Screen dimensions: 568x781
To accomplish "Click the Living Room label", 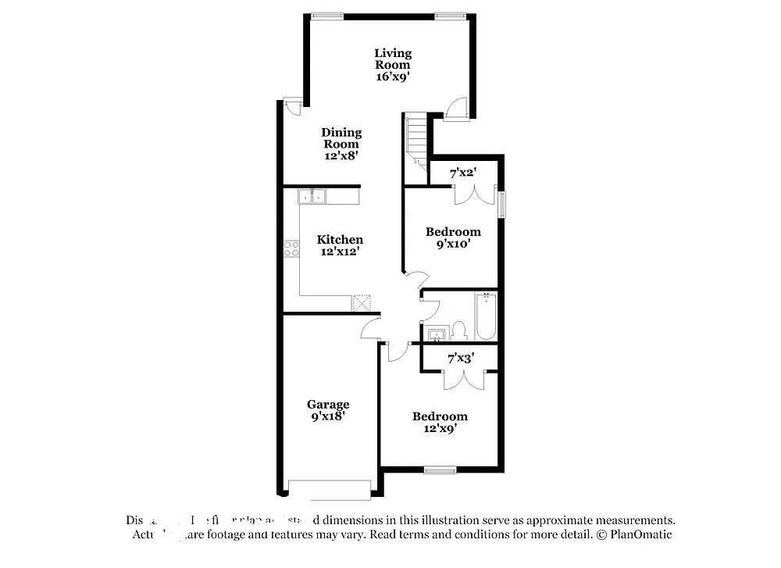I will coord(392,65).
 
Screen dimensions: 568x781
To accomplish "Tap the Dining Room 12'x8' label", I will coord(341,144).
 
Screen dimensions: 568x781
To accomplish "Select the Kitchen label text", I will coord(340,239).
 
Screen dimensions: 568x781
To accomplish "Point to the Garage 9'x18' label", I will coord(327,410).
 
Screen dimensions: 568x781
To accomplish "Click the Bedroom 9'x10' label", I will coord(453,238).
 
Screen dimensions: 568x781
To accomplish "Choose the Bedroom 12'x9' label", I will coord(440,422).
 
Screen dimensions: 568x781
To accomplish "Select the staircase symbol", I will coord(415,141).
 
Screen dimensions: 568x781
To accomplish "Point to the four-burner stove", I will coord(292,248).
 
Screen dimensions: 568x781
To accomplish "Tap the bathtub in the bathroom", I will coord(486,316).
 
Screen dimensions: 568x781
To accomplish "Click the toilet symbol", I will coord(458,331).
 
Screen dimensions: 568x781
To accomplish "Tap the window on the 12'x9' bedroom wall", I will coord(440,470).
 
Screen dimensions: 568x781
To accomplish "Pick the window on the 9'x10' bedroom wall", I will coord(503,205).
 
